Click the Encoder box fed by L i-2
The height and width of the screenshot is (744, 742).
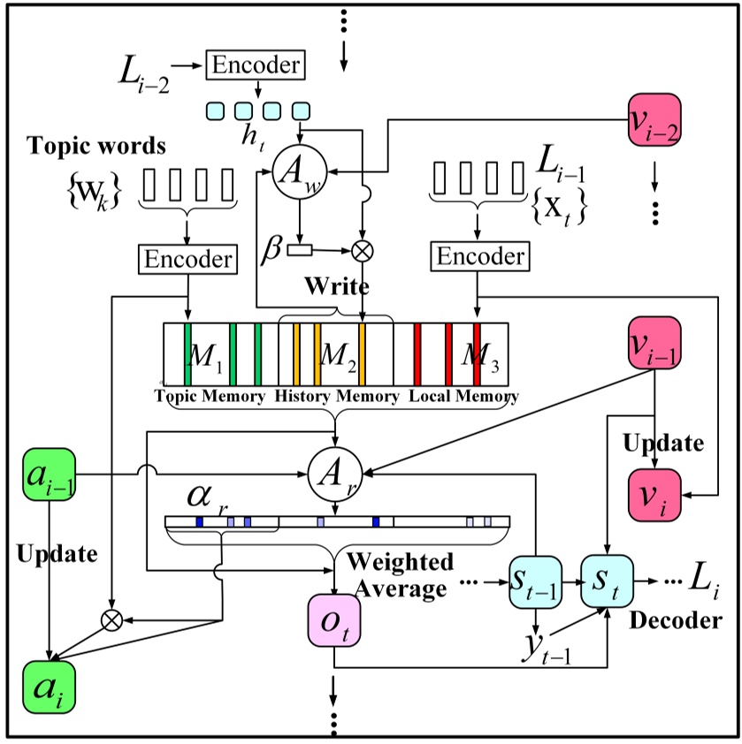tap(254, 65)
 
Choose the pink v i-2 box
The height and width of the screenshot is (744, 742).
tap(654, 121)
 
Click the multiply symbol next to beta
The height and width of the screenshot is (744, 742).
tap(362, 251)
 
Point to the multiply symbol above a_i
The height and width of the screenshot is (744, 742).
tap(111, 620)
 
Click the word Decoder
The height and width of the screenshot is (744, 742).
tap(675, 621)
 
